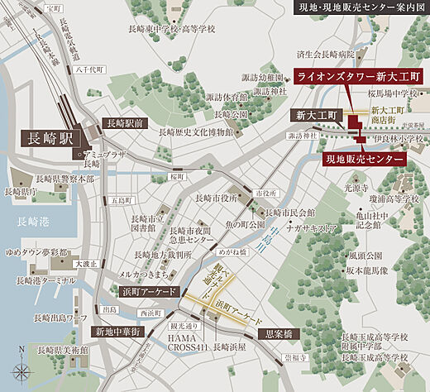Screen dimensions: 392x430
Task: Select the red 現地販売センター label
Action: (365, 157)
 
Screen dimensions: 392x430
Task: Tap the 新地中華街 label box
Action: (119, 331)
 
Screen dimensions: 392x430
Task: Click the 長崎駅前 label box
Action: (124, 122)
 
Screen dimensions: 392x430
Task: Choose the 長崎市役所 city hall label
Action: (217, 198)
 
